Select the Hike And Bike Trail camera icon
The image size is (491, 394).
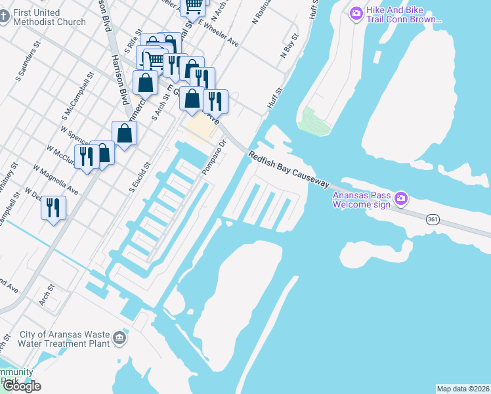click(x=356, y=12)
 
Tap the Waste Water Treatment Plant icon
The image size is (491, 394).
click(x=119, y=338)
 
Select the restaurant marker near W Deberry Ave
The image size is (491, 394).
click(x=54, y=208)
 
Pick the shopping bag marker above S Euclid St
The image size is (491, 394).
click(x=124, y=133)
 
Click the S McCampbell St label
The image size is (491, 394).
click(x=78, y=100)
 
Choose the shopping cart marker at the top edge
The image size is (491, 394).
click(x=193, y=7)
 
